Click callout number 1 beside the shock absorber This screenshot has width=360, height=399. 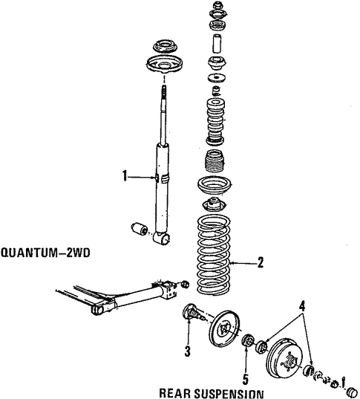(x=126, y=176)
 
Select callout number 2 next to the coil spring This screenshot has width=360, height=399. (x=260, y=262)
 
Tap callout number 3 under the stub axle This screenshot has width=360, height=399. (x=189, y=351)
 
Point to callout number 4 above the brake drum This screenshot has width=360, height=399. (x=301, y=304)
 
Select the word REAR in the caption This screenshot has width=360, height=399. (x=179, y=392)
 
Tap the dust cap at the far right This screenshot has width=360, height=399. (x=352, y=391)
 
